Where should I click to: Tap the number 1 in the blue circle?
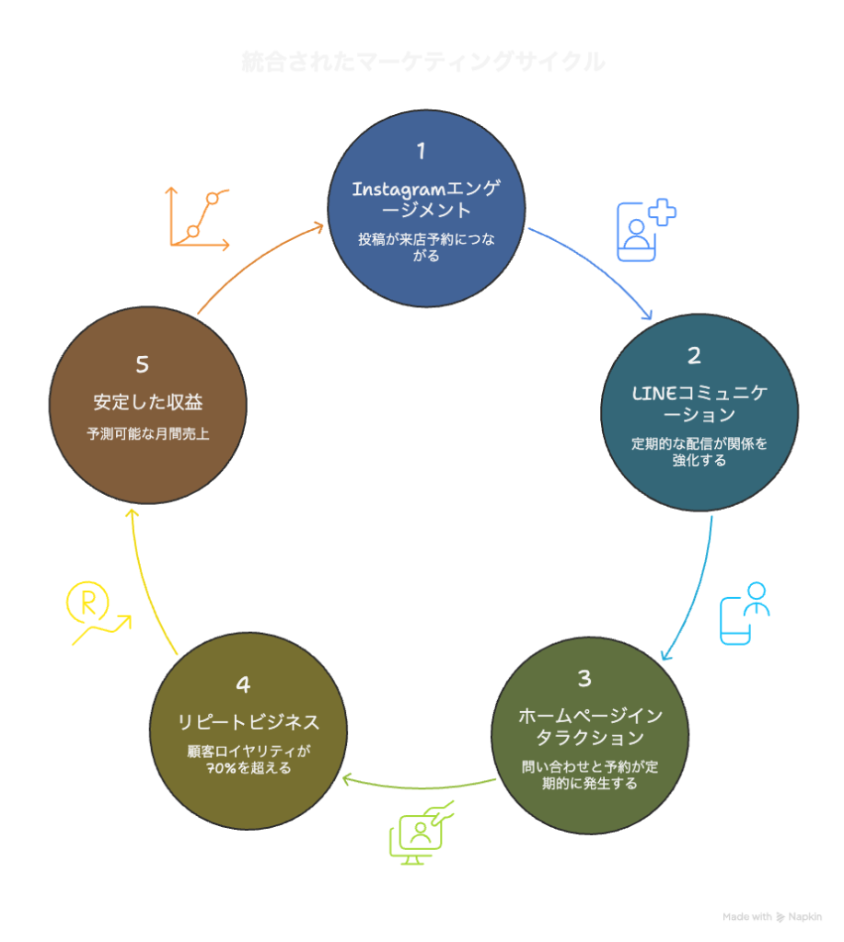(421, 151)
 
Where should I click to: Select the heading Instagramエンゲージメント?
(426, 200)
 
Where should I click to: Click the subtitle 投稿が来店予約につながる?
(426, 247)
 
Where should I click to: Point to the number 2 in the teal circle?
(695, 356)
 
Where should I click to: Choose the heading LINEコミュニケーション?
(699, 404)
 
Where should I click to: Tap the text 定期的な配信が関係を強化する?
(699, 452)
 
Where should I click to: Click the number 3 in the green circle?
(584, 679)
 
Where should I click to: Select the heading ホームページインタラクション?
(590, 727)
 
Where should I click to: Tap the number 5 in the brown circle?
(142, 365)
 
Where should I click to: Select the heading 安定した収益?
(147, 403)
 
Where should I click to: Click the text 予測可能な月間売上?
(147, 433)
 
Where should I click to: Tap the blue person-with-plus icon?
(644, 230)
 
